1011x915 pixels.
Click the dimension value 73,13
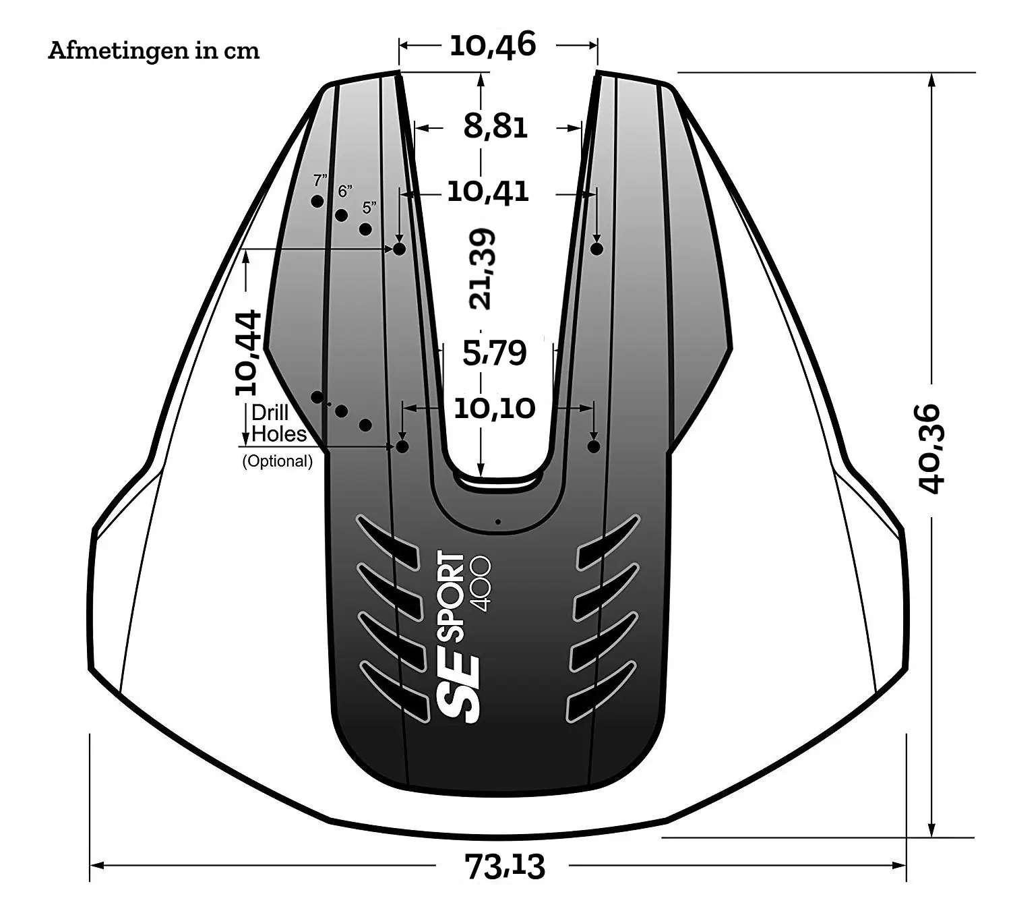pyautogui.click(x=505, y=866)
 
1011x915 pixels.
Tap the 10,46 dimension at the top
pyautogui.click(x=493, y=45)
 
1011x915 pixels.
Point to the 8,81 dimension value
pyautogui.click(x=495, y=126)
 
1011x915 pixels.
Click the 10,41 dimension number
pyautogui.click(x=488, y=192)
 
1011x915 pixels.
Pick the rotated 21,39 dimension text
pyautogui.click(x=483, y=269)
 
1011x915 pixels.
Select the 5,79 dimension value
pyautogui.click(x=495, y=353)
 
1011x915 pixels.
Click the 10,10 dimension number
pyautogui.click(x=495, y=408)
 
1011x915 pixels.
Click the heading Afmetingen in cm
pyautogui.click(x=154, y=51)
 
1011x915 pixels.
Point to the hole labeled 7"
pyautogui.click(x=317, y=201)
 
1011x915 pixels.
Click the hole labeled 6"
pyautogui.click(x=341, y=215)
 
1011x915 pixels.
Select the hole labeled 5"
pyautogui.click(x=365, y=229)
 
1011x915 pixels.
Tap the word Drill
pyautogui.click(x=270, y=413)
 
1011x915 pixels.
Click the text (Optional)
pyautogui.click(x=277, y=461)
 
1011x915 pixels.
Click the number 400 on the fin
pyautogui.click(x=481, y=584)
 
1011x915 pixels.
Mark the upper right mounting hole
pyautogui.click(x=596, y=249)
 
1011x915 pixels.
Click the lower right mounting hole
pyautogui.click(x=594, y=446)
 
